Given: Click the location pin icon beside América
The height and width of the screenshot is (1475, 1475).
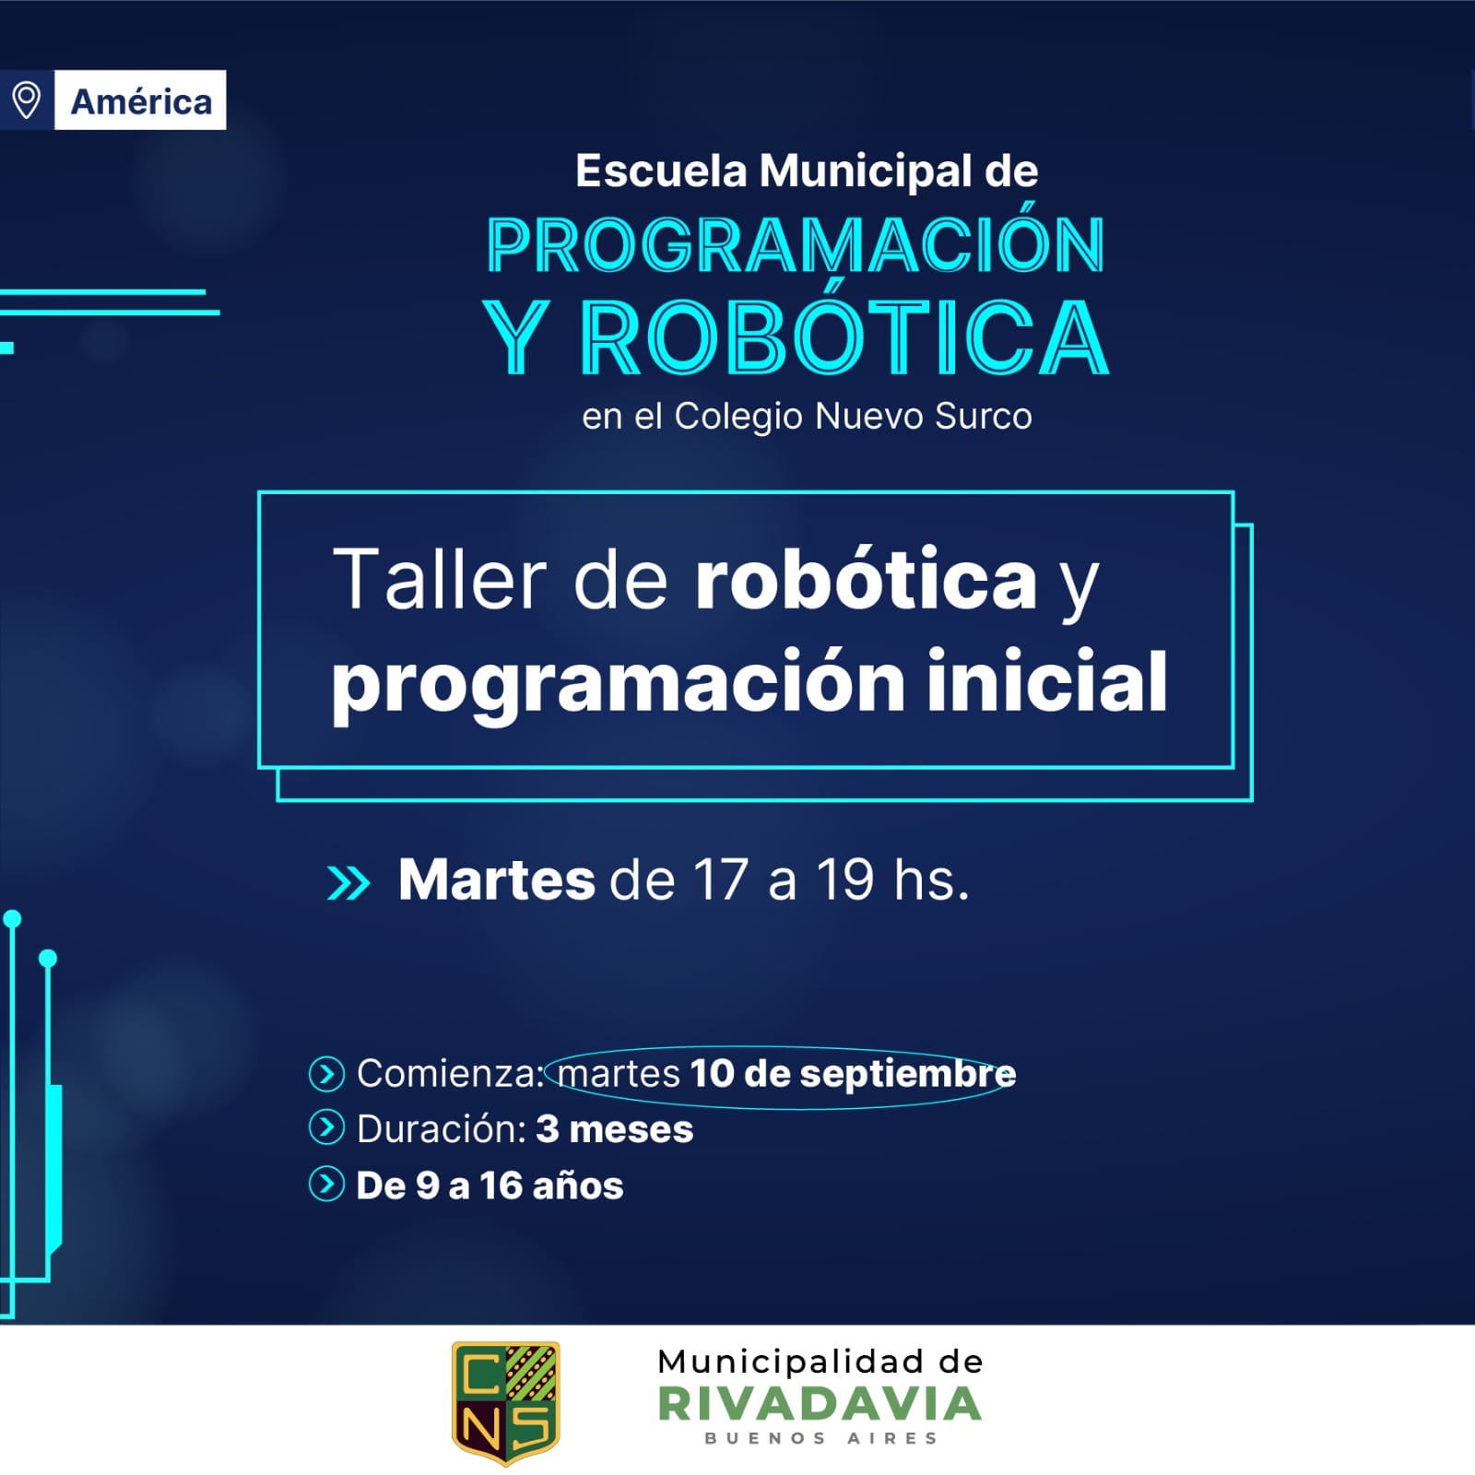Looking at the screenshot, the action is click(x=26, y=100).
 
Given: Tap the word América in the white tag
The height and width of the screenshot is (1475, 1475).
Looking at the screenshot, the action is click(x=141, y=101).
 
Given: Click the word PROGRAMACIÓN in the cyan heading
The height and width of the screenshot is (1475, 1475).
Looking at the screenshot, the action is click(x=796, y=245).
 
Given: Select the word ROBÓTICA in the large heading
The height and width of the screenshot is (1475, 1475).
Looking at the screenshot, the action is click(x=844, y=337).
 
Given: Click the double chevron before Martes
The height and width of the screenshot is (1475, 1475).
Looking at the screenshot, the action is click(x=348, y=883).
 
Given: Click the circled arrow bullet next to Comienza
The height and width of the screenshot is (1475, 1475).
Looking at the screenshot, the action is click(x=326, y=1074).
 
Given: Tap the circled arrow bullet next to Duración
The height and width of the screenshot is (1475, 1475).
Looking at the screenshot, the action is click(x=326, y=1127).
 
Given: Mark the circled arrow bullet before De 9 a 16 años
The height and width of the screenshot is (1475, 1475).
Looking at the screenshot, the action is click(x=326, y=1185).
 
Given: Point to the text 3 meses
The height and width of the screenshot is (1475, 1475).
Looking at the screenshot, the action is click(x=614, y=1129).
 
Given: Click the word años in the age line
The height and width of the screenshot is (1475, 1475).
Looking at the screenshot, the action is click(x=577, y=1186).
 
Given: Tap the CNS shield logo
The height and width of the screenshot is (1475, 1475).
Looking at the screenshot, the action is click(x=505, y=1402).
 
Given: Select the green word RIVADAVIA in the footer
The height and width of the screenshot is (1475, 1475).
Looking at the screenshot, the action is click(x=820, y=1405).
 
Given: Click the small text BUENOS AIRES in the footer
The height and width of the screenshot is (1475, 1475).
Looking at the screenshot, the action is click(x=820, y=1438).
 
